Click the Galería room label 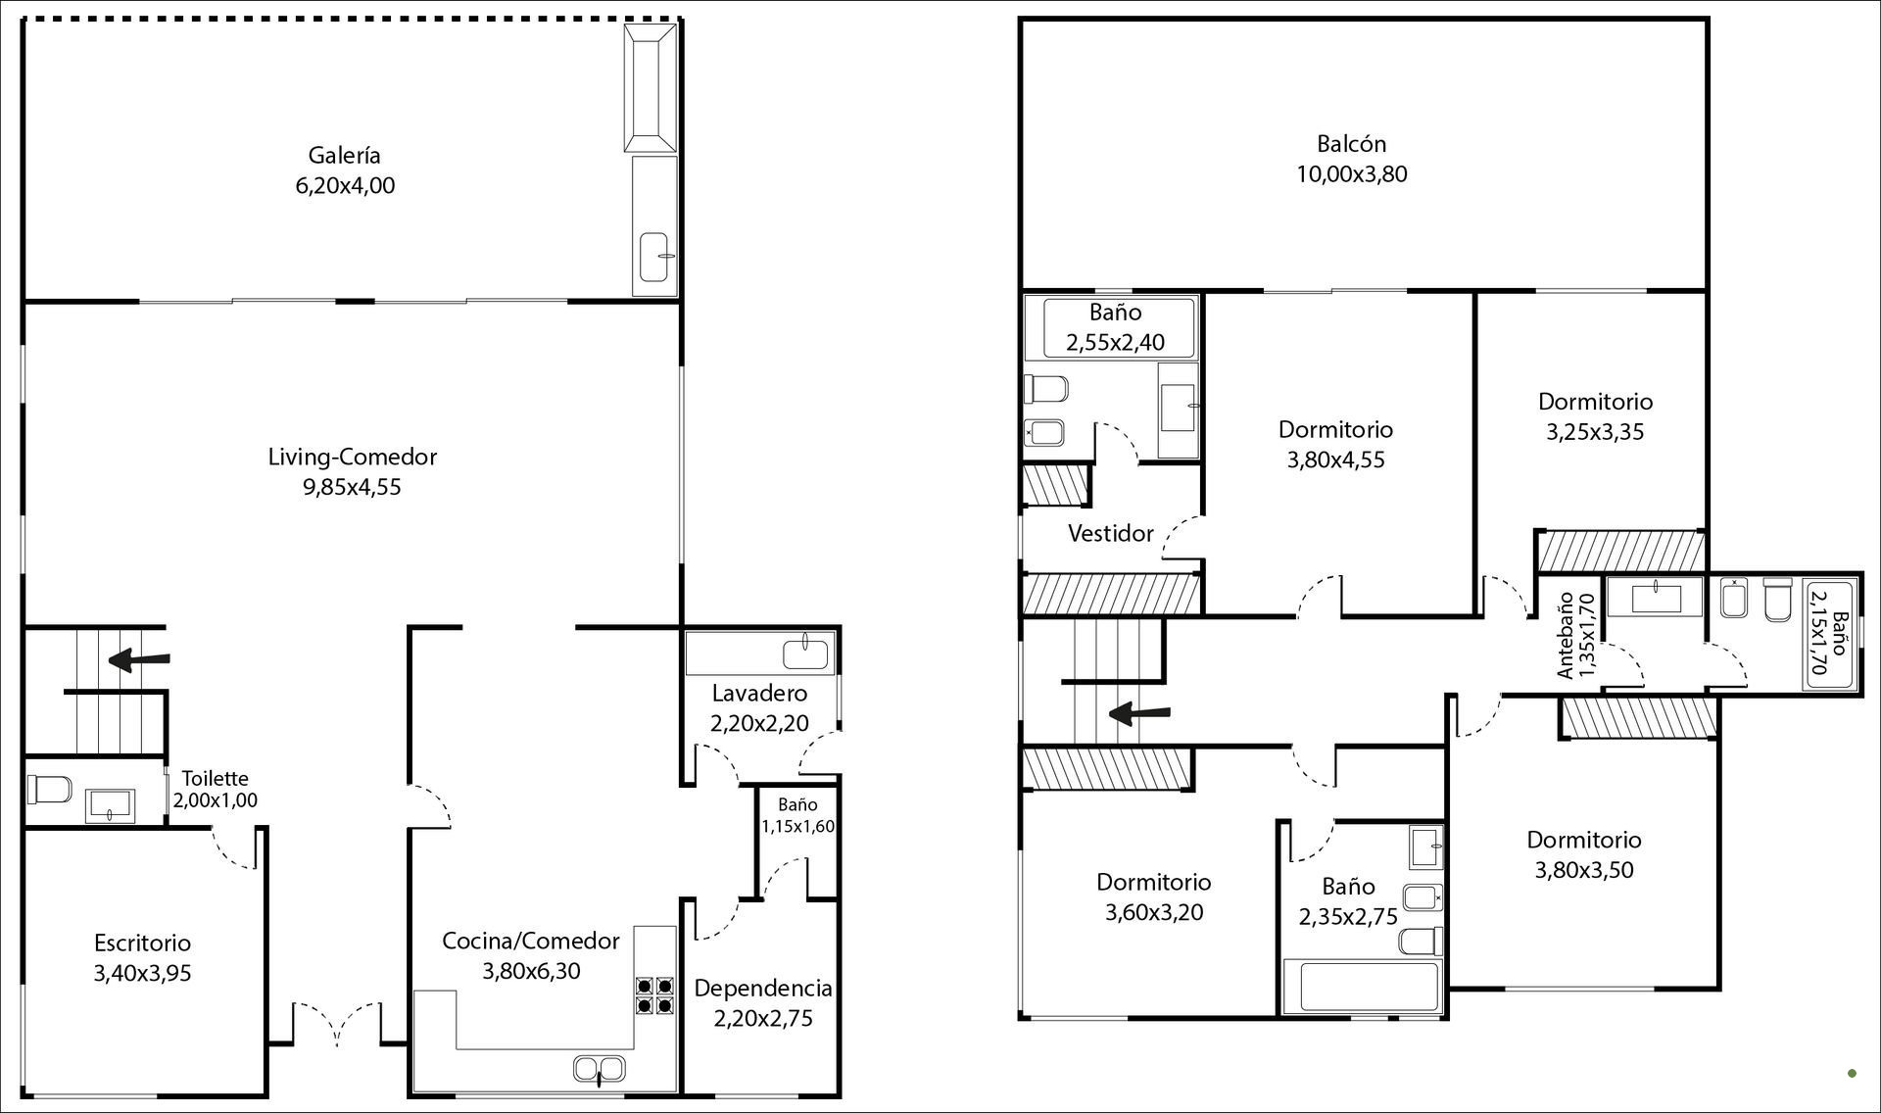(x=344, y=155)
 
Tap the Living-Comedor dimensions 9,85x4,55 (x=353, y=487)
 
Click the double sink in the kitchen (x=599, y=1070)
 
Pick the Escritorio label (x=143, y=943)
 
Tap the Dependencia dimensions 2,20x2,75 (x=763, y=1018)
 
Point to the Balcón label (x=1352, y=144)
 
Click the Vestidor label (x=1111, y=534)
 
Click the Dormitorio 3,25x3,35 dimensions (x=1595, y=431)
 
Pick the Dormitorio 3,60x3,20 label (x=1154, y=882)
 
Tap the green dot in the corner (x=1852, y=1073)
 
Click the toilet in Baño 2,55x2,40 (x=1046, y=389)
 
